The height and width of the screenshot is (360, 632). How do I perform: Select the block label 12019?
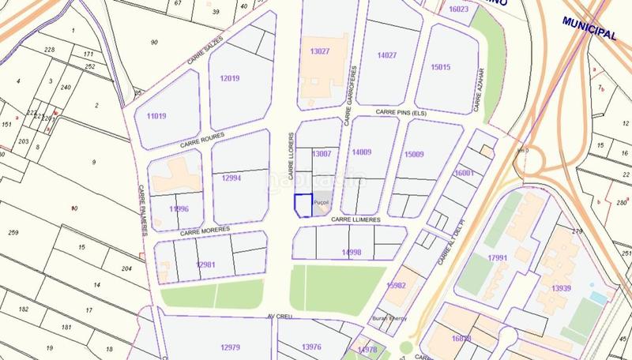click(230, 78)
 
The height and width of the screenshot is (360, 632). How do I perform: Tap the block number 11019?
click(156, 116)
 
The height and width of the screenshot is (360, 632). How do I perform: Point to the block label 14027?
click(387, 55)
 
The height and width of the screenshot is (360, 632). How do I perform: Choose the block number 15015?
click(440, 67)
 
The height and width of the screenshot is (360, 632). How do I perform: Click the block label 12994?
click(231, 178)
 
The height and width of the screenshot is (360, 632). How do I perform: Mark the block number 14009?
click(361, 152)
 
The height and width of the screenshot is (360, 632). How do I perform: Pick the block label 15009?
click(414, 154)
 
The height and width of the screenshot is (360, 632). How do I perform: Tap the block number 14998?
click(352, 252)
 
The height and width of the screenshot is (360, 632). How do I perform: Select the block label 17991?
click(498, 258)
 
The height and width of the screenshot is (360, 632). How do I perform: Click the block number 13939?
click(562, 289)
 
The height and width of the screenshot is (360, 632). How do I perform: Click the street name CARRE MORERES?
click(204, 231)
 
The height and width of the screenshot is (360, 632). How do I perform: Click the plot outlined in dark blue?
click(303, 205)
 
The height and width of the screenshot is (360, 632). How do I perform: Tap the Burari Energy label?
click(388, 319)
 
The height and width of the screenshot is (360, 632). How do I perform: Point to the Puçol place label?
click(321, 203)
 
